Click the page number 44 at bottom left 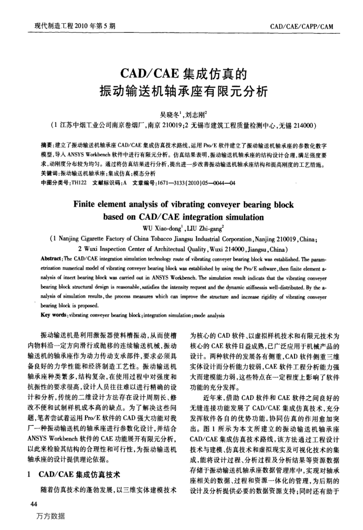(x=35, y=505)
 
